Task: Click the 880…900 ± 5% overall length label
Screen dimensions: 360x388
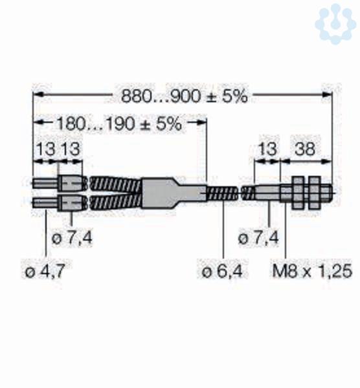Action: coord(184,96)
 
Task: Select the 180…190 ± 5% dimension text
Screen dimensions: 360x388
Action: coord(119,124)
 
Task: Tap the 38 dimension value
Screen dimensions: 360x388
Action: coord(305,149)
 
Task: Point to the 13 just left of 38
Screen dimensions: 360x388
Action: coord(267,149)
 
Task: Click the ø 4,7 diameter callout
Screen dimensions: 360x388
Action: coord(45,271)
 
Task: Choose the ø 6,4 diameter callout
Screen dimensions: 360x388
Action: coord(222,271)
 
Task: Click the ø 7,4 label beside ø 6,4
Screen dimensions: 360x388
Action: coord(258,238)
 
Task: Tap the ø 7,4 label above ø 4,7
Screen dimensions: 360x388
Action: coord(72,238)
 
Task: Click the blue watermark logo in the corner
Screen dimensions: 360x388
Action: coord(335,23)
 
